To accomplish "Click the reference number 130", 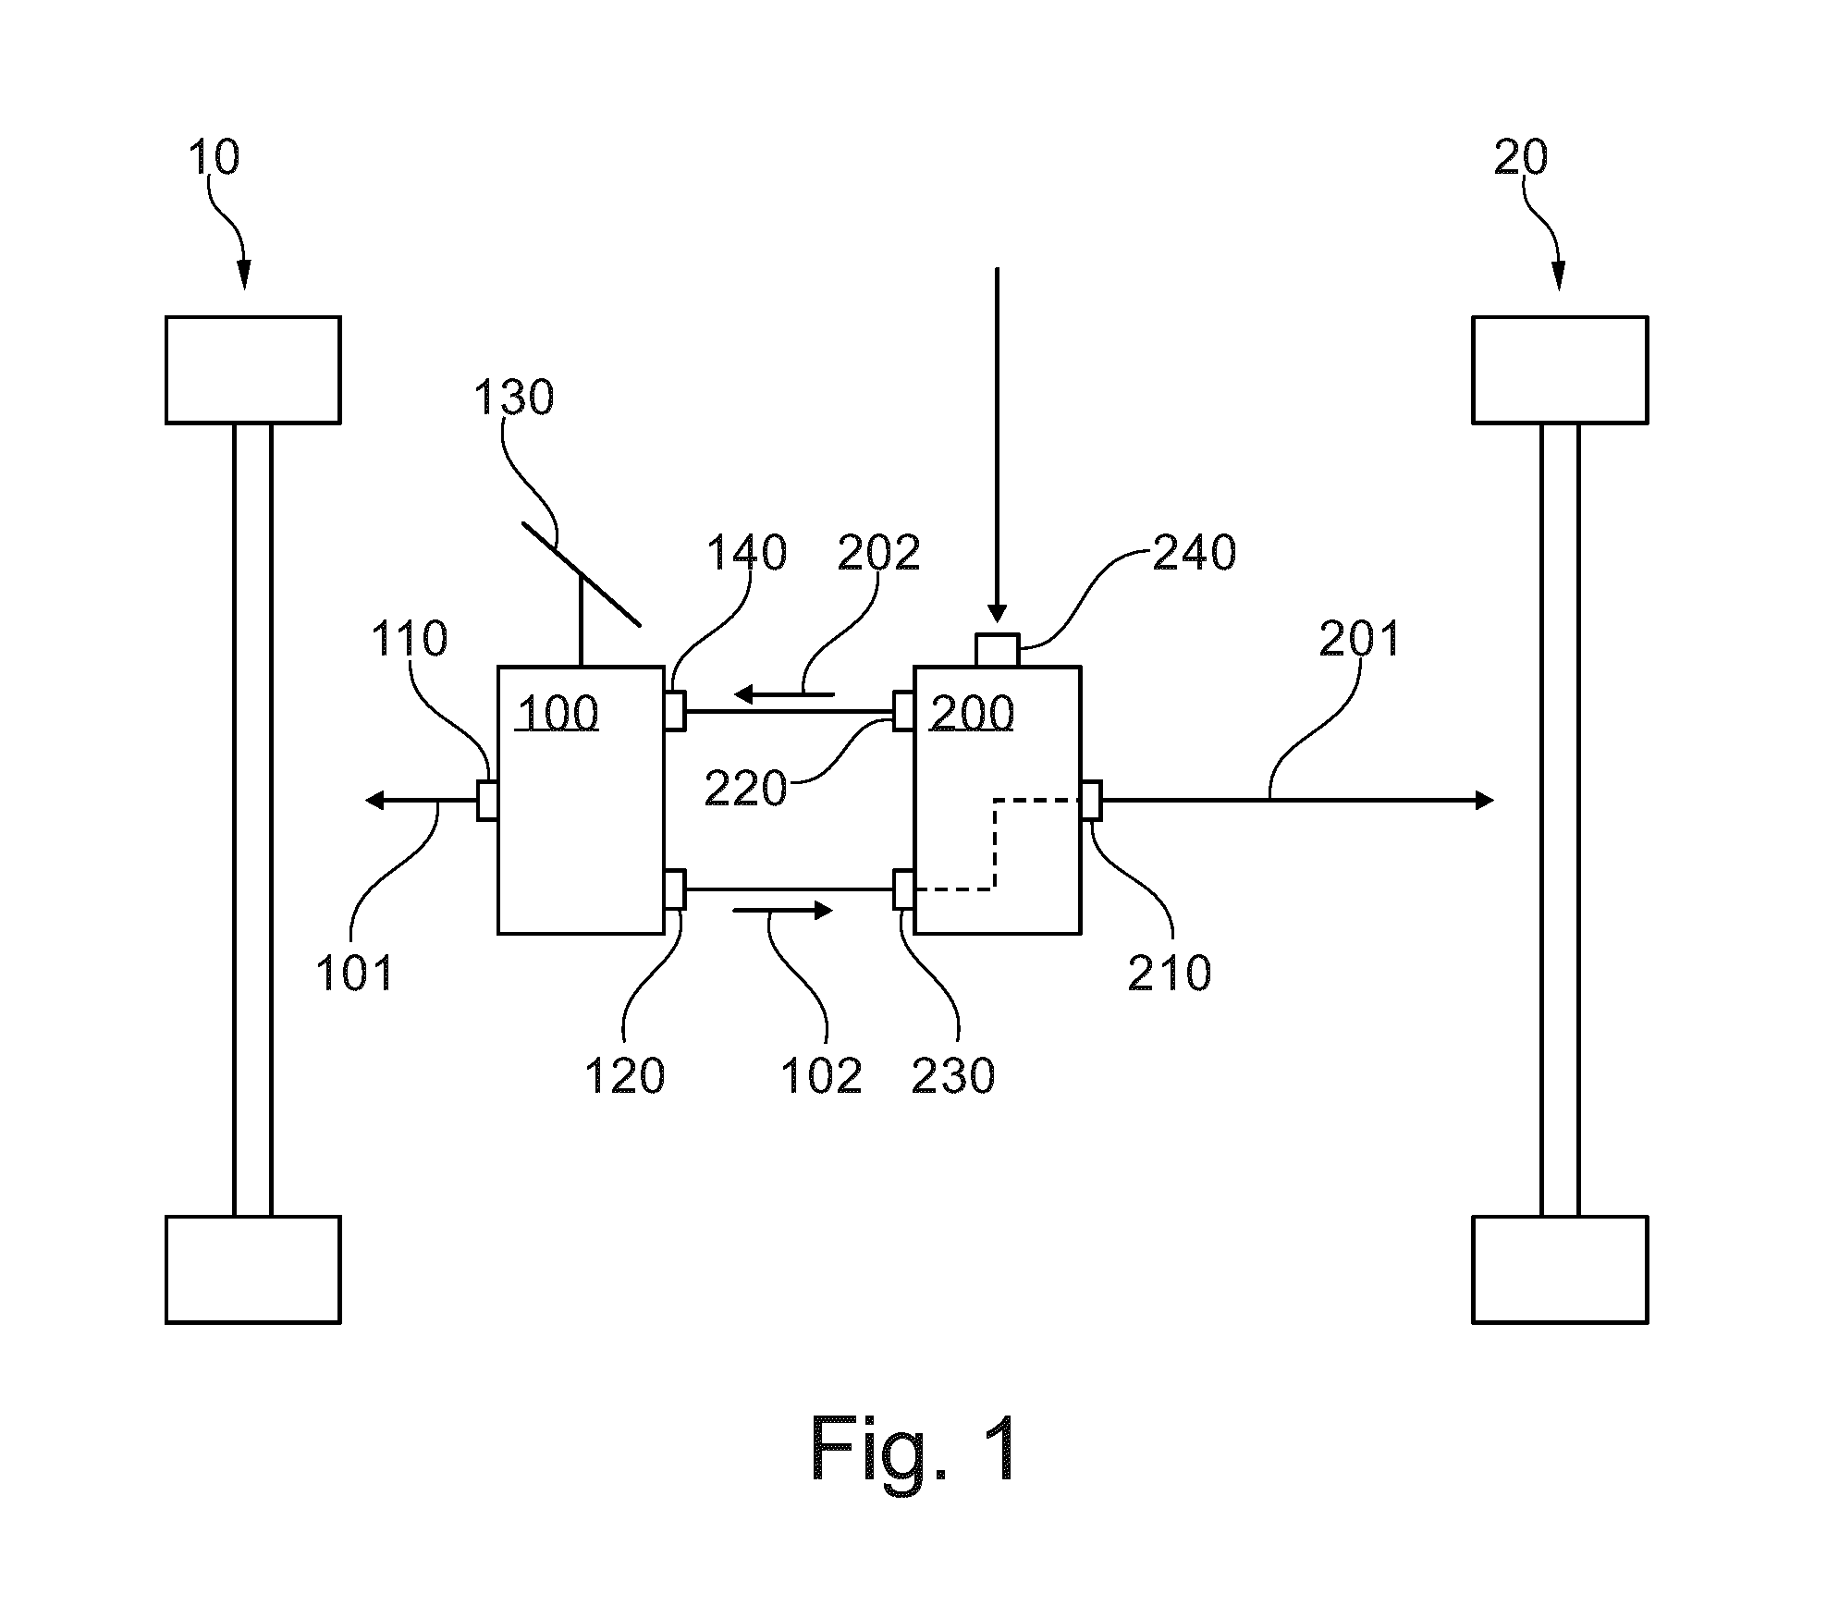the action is pos(513,398).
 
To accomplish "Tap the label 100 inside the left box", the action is pos(558,714).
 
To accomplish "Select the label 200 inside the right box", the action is pos(973,714).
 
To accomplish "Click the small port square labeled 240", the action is pos(998,650).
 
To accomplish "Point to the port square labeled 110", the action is pos(488,800).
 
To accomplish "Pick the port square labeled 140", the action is pos(675,711).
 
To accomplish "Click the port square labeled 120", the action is pos(675,889).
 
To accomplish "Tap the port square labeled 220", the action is pos(903,711).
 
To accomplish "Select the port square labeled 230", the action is pos(903,889).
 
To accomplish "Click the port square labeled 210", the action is pos(1091,800).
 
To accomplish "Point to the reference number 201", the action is pos(1359,639).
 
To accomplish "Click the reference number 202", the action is pos(878,553).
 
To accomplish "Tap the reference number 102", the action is pos(821,1076).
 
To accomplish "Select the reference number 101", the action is pos(355,974).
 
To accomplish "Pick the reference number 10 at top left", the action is pos(214,157).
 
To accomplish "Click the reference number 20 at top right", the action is pos(1521,157).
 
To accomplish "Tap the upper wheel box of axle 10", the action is pos(253,370).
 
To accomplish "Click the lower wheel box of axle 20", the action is pos(1560,1269).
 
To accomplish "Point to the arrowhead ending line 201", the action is pos(1486,800).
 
